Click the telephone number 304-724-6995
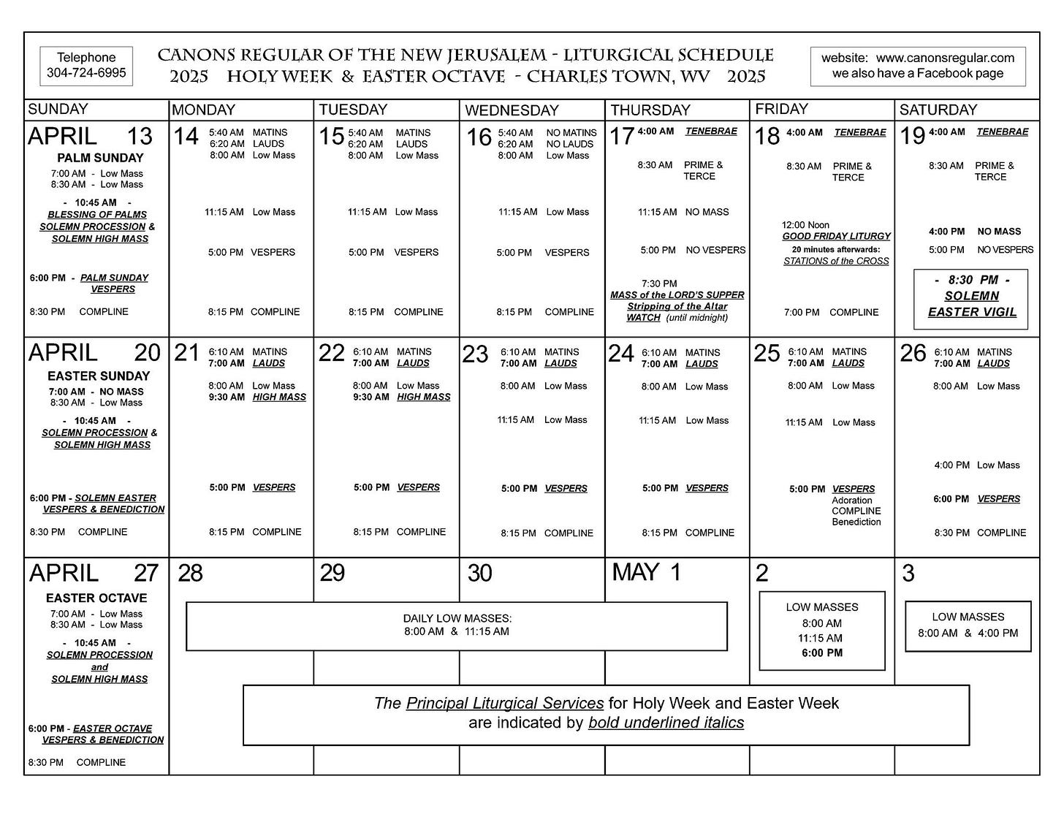click(x=86, y=73)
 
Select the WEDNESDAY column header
click(x=512, y=110)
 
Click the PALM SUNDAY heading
click(x=100, y=158)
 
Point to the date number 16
click(x=479, y=137)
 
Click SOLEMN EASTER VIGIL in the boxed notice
click(x=972, y=304)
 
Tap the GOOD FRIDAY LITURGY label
click(x=836, y=236)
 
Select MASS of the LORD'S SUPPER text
click(x=677, y=295)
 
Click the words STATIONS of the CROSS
click(x=836, y=261)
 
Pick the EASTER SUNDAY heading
click(x=99, y=376)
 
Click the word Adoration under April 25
click(x=852, y=501)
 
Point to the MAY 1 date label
click(x=646, y=572)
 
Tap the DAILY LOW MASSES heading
click(x=457, y=618)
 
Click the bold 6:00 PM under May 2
click(x=822, y=652)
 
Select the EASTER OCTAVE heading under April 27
click(x=96, y=598)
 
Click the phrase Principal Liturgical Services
click(x=505, y=703)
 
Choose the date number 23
click(x=475, y=354)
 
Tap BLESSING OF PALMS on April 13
click(x=97, y=215)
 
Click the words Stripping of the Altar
click(x=677, y=306)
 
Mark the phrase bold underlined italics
click(x=666, y=723)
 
